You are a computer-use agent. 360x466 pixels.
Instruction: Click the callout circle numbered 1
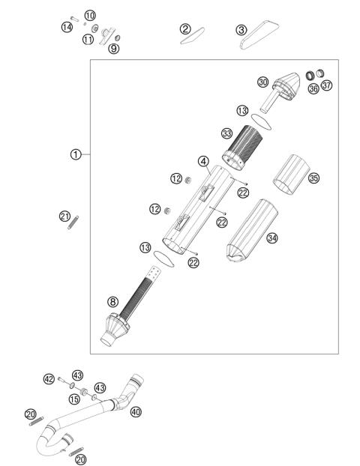[75, 155]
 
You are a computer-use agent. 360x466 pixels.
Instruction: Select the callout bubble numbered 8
[113, 302]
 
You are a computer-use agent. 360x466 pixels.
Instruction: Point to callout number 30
[262, 82]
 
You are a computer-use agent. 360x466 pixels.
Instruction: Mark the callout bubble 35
[313, 178]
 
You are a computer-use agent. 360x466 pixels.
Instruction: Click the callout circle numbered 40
[136, 411]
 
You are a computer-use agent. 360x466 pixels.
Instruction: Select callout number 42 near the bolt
[49, 380]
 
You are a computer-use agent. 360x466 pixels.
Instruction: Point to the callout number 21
[64, 217]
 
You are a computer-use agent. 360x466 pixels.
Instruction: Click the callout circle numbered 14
[67, 28]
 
